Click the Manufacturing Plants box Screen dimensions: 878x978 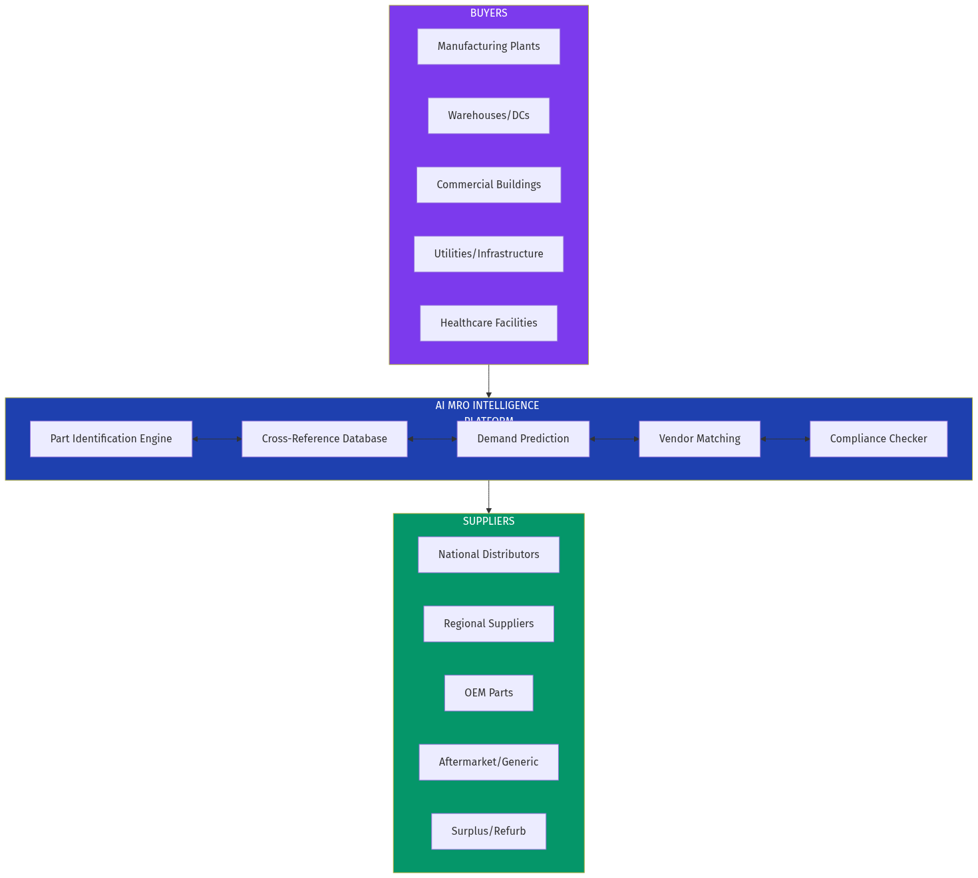[x=488, y=47]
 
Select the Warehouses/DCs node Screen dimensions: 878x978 [x=488, y=116]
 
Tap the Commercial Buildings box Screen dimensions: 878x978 [x=488, y=185]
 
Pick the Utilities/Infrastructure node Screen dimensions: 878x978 [x=488, y=254]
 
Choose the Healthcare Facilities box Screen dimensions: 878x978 [x=488, y=323]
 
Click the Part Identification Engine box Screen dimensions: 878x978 [x=111, y=439]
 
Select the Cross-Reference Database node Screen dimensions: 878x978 [x=324, y=439]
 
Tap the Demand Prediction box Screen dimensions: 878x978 [x=523, y=439]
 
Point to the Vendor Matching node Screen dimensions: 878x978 [x=699, y=439]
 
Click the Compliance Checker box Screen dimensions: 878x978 [x=878, y=439]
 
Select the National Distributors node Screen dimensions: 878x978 [x=488, y=555]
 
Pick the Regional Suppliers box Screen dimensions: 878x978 [x=488, y=624]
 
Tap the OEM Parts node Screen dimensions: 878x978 [x=488, y=693]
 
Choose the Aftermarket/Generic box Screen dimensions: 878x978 [x=488, y=762]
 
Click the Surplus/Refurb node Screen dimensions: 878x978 [x=488, y=831]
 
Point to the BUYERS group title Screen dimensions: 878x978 [x=488, y=13]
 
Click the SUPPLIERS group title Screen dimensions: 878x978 [x=488, y=521]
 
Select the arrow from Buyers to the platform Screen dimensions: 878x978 [x=489, y=381]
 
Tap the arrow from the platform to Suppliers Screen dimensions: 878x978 [x=489, y=497]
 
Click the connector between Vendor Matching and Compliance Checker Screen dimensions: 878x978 [x=785, y=439]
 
